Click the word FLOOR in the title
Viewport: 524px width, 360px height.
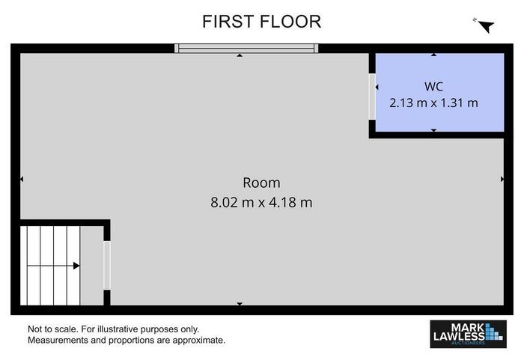[290, 22]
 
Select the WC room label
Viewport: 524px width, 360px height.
[433, 87]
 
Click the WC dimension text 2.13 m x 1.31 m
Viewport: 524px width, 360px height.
[433, 103]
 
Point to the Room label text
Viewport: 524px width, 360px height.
[261, 183]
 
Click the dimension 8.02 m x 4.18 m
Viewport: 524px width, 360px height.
[261, 203]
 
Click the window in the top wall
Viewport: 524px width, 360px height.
[246, 49]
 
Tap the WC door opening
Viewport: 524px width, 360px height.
[372, 97]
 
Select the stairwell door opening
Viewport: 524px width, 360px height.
[107, 266]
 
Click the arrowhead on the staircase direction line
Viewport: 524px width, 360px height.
[76, 266]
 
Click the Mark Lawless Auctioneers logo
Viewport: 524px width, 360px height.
[468, 334]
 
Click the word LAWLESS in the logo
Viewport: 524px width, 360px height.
[459, 336]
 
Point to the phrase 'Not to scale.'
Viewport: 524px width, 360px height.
[53, 329]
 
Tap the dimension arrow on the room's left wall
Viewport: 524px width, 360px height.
[22, 180]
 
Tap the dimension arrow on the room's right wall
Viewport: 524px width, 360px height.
[502, 180]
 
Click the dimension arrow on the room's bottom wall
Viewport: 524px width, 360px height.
[240, 304]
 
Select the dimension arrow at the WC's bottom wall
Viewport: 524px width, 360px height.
[433, 130]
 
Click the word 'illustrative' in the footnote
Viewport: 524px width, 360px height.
[118, 329]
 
